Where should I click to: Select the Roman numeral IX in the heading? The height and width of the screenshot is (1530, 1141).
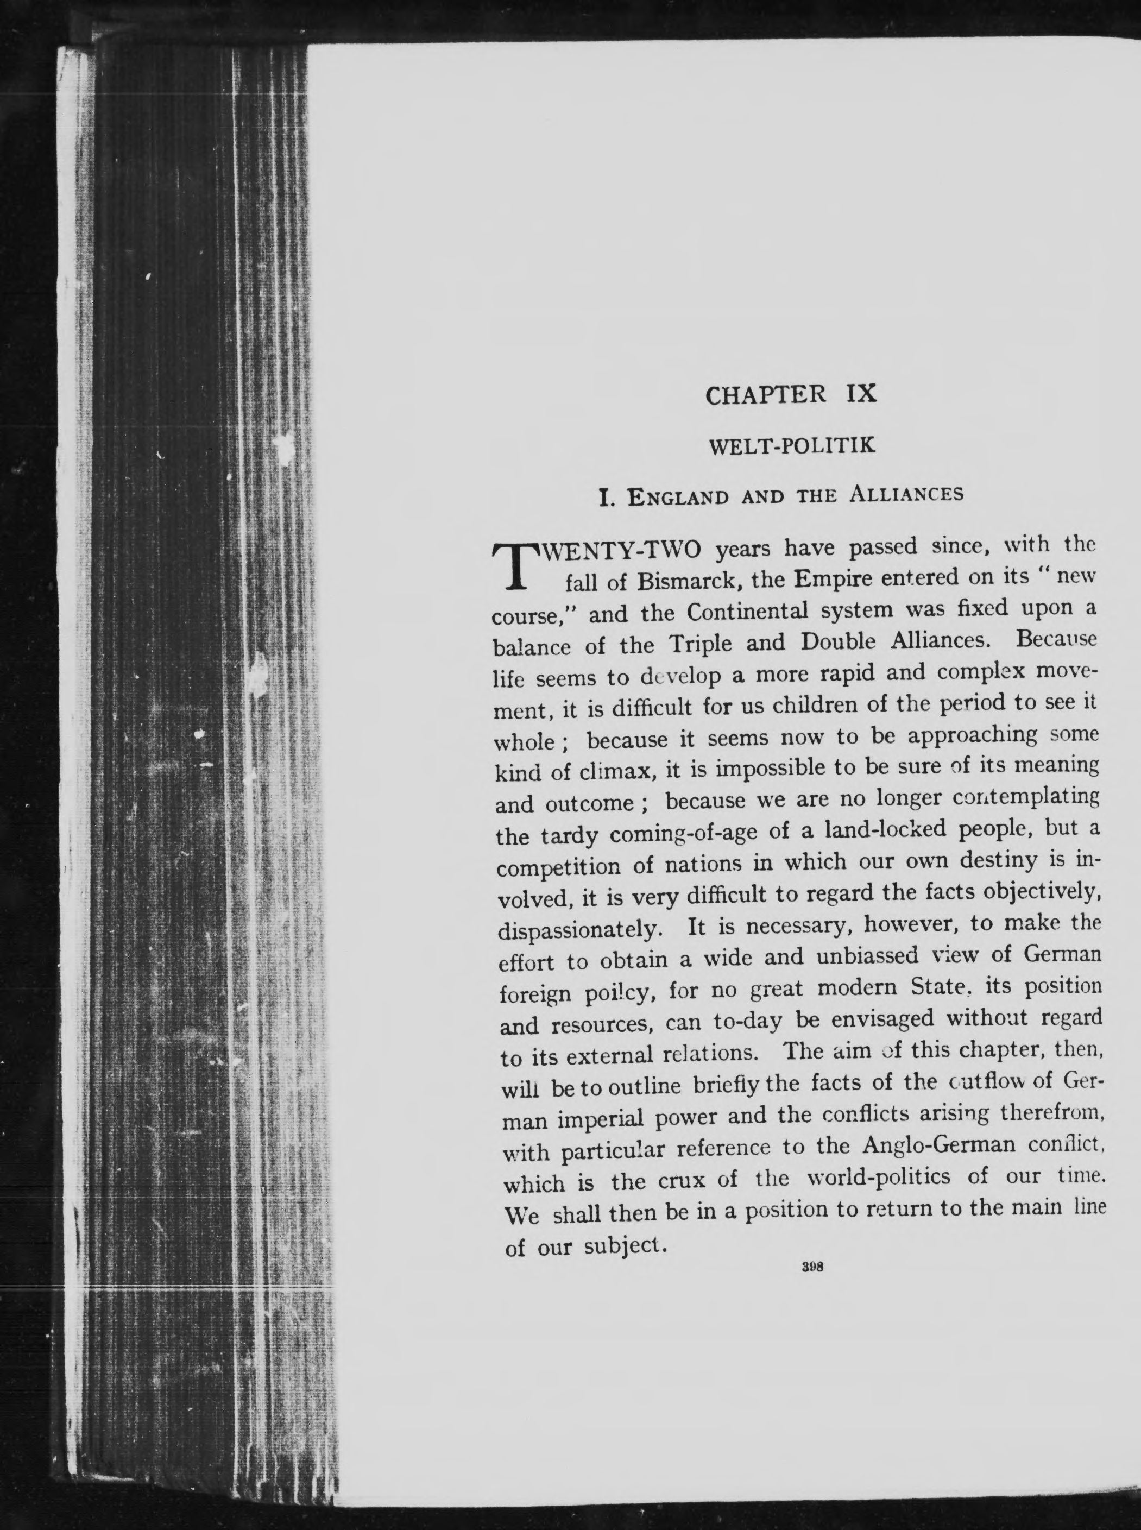click(860, 394)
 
